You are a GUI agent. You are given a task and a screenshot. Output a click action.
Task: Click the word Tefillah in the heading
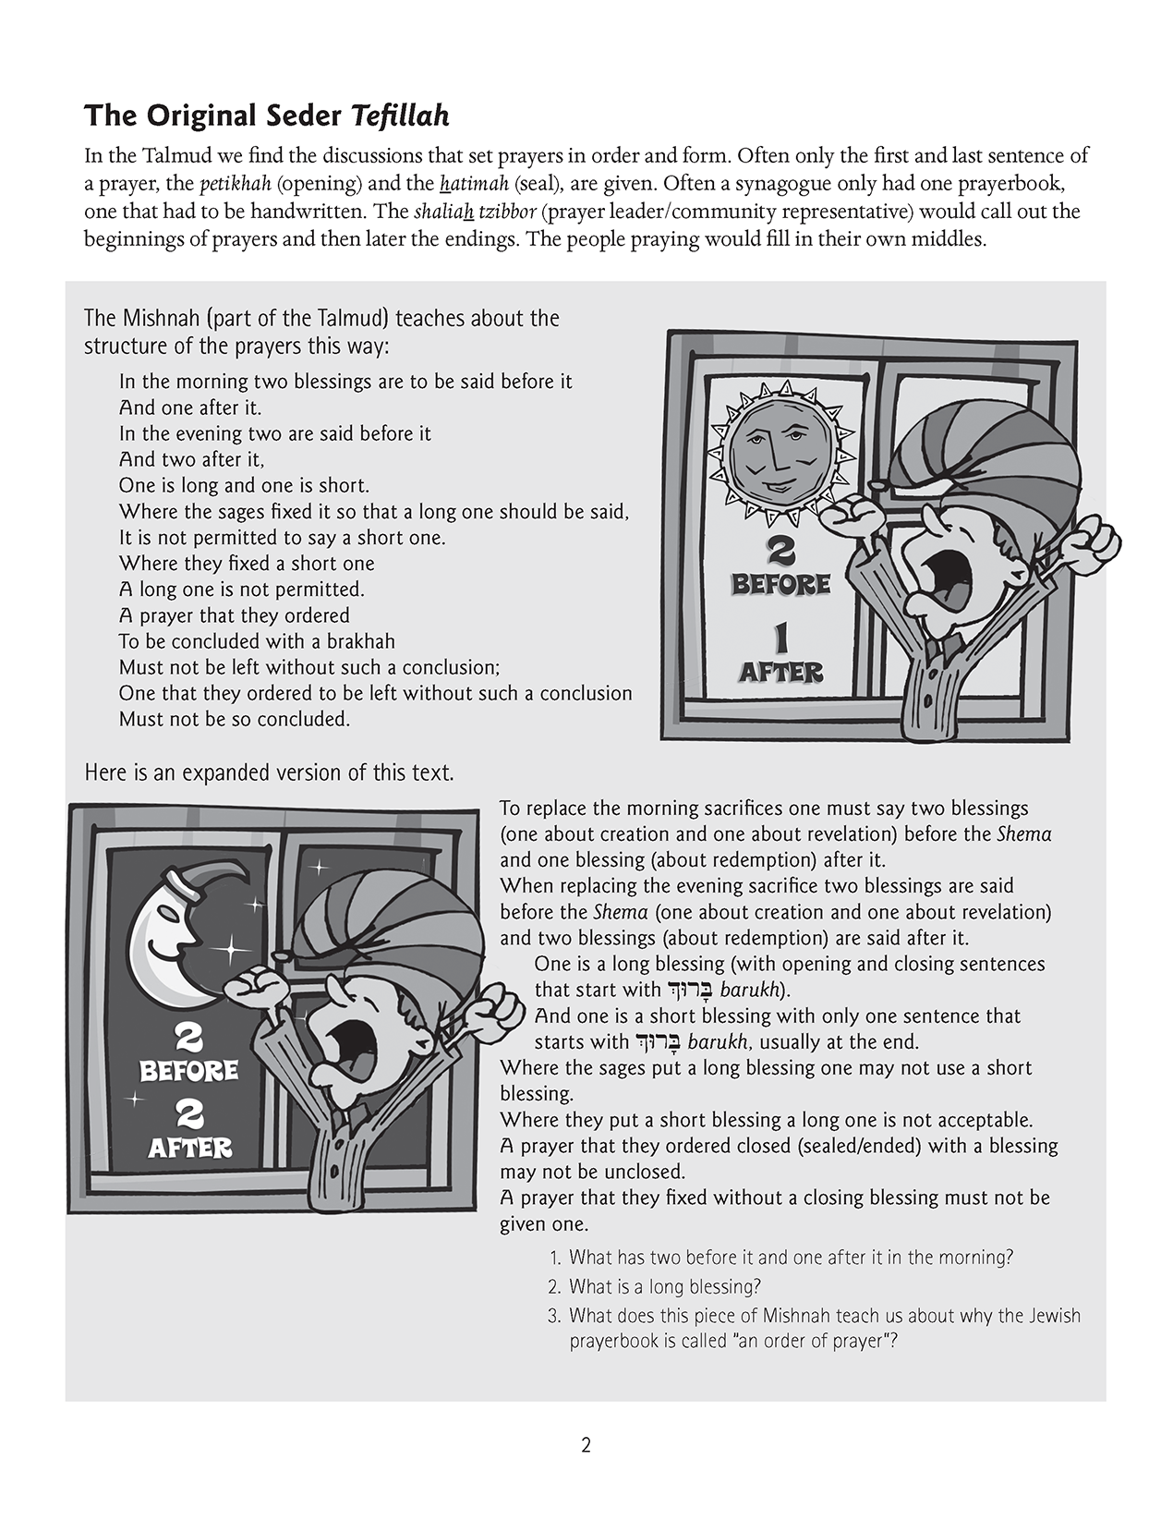pos(399,116)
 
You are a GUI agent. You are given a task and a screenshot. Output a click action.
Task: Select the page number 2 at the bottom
pos(586,1445)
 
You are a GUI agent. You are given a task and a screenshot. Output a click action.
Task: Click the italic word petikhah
pos(230,183)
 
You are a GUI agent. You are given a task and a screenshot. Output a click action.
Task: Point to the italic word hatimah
pos(474,183)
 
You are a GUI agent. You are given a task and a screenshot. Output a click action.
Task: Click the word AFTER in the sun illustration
pos(780,672)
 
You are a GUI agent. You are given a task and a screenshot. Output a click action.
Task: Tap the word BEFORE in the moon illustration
pos(188,1071)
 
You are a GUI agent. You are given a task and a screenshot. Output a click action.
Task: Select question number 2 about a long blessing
pos(664,1286)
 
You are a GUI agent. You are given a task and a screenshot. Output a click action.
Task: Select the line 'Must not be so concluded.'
pos(235,719)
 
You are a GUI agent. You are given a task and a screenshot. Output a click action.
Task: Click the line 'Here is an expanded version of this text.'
pos(269,772)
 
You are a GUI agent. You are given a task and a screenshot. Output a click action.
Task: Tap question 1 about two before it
pos(791,1258)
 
